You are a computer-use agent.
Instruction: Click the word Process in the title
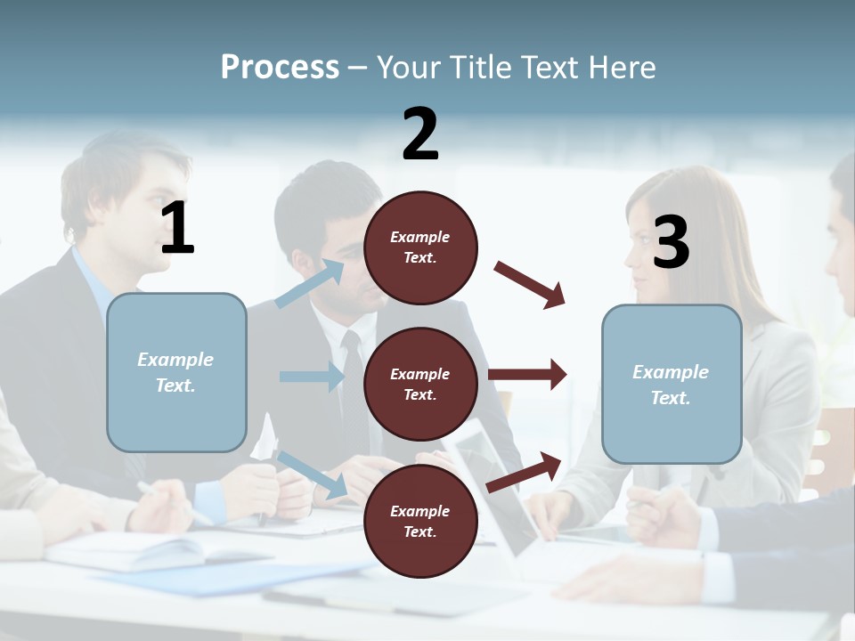coord(280,68)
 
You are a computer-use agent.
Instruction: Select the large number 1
coord(177,228)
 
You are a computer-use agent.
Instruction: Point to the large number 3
coord(672,242)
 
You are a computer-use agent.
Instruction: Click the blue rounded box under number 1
coord(176,372)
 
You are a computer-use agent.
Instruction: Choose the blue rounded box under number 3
coord(672,385)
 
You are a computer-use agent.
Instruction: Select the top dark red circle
coord(420,247)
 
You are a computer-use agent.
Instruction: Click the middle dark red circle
coord(420,384)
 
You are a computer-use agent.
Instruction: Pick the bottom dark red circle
coord(420,521)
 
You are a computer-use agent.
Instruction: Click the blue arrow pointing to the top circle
coord(310,284)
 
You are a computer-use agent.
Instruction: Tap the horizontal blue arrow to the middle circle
coord(313,377)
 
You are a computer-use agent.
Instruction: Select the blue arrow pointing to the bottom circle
coord(312,474)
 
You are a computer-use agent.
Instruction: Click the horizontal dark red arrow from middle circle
coord(527,374)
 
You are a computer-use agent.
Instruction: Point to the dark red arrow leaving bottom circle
coord(525,471)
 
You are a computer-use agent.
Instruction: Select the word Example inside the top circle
coord(420,237)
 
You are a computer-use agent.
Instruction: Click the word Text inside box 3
coord(670,398)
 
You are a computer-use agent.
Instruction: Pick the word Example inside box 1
coord(175,360)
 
